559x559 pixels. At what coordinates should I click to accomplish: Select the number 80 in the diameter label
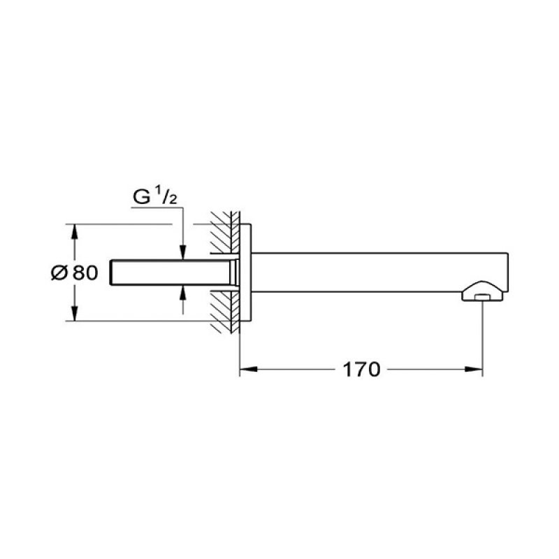pos(84,273)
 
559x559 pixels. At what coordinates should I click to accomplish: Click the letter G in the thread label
pos(142,198)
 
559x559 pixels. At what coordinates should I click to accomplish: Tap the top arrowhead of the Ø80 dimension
pos(74,230)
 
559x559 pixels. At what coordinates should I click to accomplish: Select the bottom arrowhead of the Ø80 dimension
pos(74,315)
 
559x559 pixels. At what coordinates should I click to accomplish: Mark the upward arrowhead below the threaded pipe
pos(182,291)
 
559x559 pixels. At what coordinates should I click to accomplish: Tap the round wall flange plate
pos(246,273)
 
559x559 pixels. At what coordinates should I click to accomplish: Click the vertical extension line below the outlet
pos(482,335)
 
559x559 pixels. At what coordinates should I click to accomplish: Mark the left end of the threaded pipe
pos(113,273)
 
